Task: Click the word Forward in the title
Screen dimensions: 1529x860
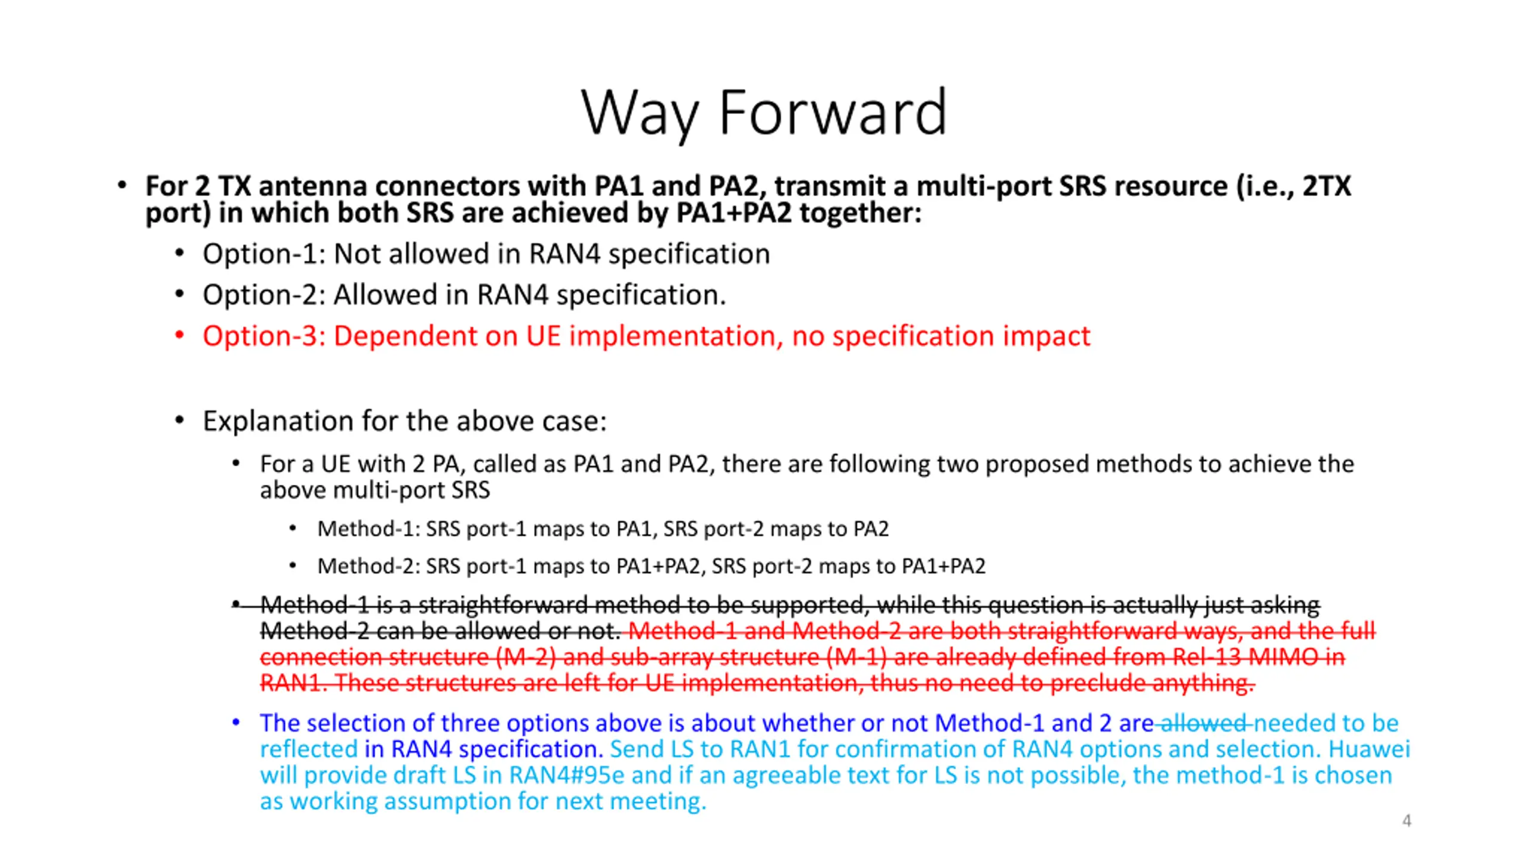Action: pos(833,112)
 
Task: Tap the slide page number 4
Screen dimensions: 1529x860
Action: pos(1407,821)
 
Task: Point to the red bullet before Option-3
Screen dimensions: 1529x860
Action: pos(179,335)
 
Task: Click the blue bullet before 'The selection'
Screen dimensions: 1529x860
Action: pos(236,723)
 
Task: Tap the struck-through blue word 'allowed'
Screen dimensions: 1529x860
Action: pos(1203,723)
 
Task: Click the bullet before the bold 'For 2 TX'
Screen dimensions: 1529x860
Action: pos(122,186)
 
